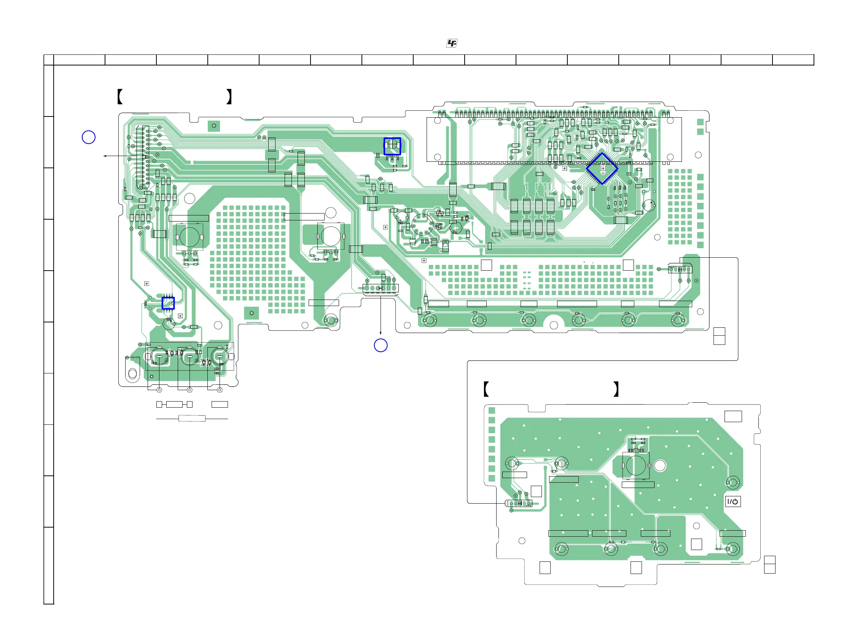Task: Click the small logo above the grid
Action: pyautogui.click(x=452, y=43)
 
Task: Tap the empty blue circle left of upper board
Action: pyautogui.click(x=89, y=137)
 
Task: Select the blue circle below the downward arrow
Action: pyautogui.click(x=381, y=345)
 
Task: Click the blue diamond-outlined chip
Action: pyautogui.click(x=602, y=168)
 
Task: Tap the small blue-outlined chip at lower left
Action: pyautogui.click(x=168, y=303)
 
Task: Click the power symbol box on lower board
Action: pyautogui.click(x=732, y=502)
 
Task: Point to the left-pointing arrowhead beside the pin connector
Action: pyautogui.click(x=105, y=156)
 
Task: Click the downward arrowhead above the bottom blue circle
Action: pyautogui.click(x=381, y=333)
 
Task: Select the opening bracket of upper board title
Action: pyautogui.click(x=120, y=96)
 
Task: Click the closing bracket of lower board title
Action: pyautogui.click(x=616, y=389)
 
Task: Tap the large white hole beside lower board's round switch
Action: pyautogui.click(x=660, y=466)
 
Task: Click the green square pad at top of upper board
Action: pyautogui.click(x=214, y=126)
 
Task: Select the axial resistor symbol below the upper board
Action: pyautogui.click(x=192, y=418)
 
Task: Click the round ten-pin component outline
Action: pyautogui.click(x=422, y=225)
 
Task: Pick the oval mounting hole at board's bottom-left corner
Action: pyautogui.click(x=132, y=373)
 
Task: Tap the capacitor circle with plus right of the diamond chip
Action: pyautogui.click(x=649, y=205)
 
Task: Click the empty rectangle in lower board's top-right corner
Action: pyautogui.click(x=733, y=416)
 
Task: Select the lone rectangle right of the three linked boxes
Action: pyautogui.click(x=220, y=404)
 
